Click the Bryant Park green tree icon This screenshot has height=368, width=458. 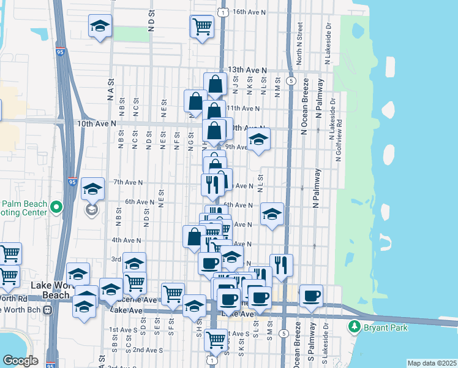354,325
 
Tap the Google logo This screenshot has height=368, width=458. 20,361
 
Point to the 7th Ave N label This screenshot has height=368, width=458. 127,182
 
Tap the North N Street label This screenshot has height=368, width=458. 299,44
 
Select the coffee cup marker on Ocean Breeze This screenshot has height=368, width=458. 311,295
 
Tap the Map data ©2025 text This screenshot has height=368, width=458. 431,363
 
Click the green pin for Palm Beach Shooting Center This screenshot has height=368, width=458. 57,207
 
